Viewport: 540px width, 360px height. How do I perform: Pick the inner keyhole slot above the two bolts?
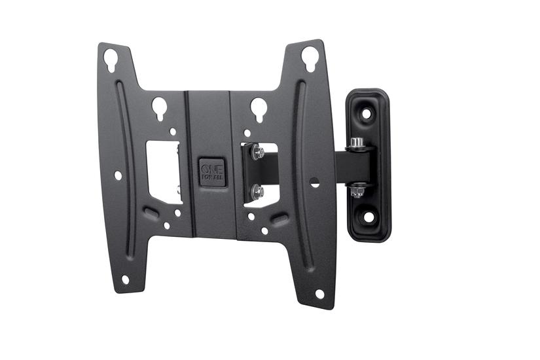tap(259, 107)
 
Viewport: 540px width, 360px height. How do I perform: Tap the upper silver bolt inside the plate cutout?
tap(259, 153)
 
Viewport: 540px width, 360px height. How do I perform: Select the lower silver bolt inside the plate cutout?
tap(259, 192)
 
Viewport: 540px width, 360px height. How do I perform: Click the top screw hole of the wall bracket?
tap(367, 114)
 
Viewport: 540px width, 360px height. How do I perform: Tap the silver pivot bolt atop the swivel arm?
tap(357, 143)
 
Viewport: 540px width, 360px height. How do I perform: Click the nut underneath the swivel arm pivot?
tap(357, 191)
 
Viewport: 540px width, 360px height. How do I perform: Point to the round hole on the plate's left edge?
tap(118, 175)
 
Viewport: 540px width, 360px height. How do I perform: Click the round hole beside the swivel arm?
tap(314, 182)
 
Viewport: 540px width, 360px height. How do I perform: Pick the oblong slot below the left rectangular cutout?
tap(151, 213)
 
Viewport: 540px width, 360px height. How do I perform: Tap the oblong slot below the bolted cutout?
tap(280, 219)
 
